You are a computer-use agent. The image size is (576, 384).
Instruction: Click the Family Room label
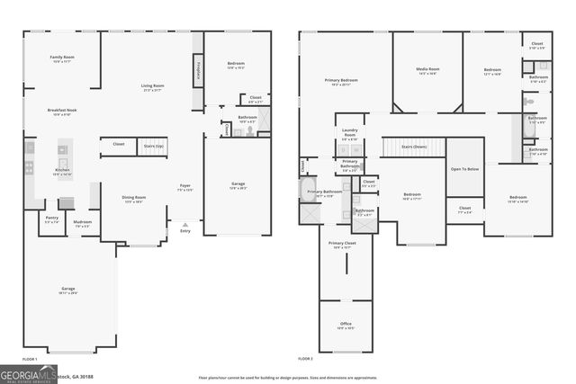[62, 58]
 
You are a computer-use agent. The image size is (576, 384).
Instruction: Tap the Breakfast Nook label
[62, 111]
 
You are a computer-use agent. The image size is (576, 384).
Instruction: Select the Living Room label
[152, 86]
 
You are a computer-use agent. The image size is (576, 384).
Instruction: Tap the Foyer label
[184, 187]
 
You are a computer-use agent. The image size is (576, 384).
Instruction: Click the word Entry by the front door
[185, 231]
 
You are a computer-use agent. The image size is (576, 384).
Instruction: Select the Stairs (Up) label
[154, 144]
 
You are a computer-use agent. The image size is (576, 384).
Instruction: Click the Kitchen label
[62, 170]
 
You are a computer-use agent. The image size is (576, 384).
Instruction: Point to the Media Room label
[427, 69]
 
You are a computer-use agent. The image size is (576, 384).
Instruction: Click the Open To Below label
[464, 168]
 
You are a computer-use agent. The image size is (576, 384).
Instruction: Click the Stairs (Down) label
[413, 146]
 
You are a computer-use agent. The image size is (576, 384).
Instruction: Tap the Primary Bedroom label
[341, 80]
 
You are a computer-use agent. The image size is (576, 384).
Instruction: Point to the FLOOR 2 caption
[306, 359]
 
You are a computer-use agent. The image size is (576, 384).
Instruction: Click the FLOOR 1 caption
[30, 359]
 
